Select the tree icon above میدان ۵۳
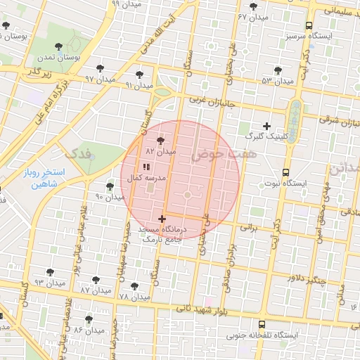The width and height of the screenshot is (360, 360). pos(278,70)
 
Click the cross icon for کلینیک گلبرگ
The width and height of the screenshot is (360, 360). pos(266,126)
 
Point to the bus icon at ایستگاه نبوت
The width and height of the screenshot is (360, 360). pos(285,172)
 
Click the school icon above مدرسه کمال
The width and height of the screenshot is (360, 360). pos(146,167)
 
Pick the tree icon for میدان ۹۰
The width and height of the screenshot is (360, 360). pos(110,186)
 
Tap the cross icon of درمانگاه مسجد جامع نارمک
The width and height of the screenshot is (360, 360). pos(162,219)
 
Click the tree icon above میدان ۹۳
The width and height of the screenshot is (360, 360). pos(50,271)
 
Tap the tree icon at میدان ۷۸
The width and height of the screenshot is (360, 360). pos(134,286)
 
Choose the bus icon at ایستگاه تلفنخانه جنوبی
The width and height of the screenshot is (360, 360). pos(262,325)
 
